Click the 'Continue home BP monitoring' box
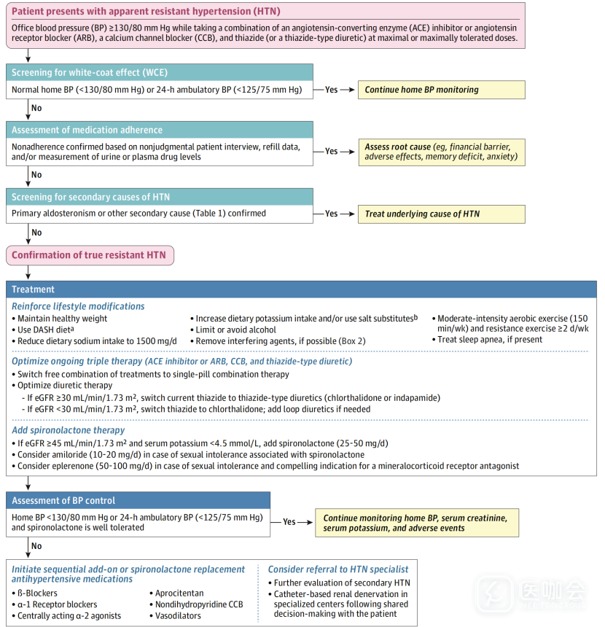441,90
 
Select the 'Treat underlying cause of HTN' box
441,214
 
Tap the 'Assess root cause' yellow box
441,152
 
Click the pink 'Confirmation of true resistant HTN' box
90,255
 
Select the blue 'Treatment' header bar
301,289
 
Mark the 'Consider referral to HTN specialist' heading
338,569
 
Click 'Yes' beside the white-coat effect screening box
331,90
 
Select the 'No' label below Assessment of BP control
36,545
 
